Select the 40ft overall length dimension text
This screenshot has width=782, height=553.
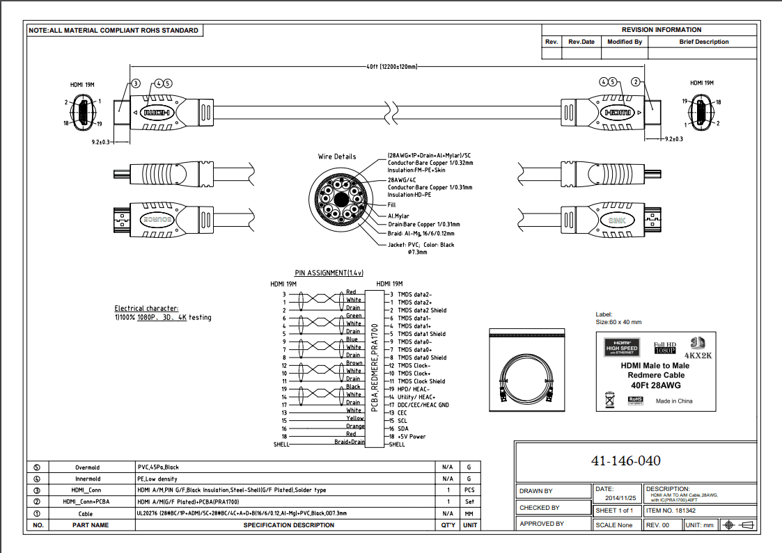pyautogui.click(x=391, y=67)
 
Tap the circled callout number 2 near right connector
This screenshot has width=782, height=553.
pyautogui.click(x=635, y=82)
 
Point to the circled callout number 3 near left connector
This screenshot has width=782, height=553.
pyautogui.click(x=136, y=83)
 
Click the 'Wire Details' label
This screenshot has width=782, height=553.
pyautogui.click(x=337, y=157)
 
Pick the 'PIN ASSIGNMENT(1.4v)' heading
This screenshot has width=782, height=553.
pyautogui.click(x=329, y=273)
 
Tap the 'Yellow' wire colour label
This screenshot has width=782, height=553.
pyautogui.click(x=355, y=419)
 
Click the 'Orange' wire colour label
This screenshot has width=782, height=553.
pyautogui.click(x=355, y=426)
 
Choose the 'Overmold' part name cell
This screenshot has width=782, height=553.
pyautogui.click(x=88, y=467)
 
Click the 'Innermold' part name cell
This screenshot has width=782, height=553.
pyautogui.click(x=88, y=479)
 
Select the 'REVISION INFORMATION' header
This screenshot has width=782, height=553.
pyautogui.click(x=661, y=30)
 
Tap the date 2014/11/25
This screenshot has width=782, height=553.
pyautogui.click(x=621, y=499)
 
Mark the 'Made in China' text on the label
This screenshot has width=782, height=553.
pyautogui.click(x=674, y=401)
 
